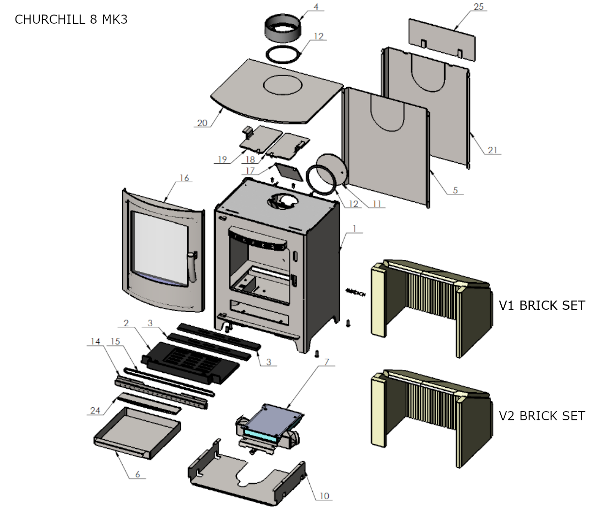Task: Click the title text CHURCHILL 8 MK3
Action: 71,19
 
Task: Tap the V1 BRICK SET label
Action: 542,305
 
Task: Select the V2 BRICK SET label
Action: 542,416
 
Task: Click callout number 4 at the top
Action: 316,7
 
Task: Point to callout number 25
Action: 479,7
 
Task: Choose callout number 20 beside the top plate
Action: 202,123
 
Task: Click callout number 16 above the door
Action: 184,178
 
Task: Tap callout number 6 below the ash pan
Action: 138,474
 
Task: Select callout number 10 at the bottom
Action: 324,495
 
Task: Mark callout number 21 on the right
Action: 493,150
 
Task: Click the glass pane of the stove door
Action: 159,250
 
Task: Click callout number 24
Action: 95,411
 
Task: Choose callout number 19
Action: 223,159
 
